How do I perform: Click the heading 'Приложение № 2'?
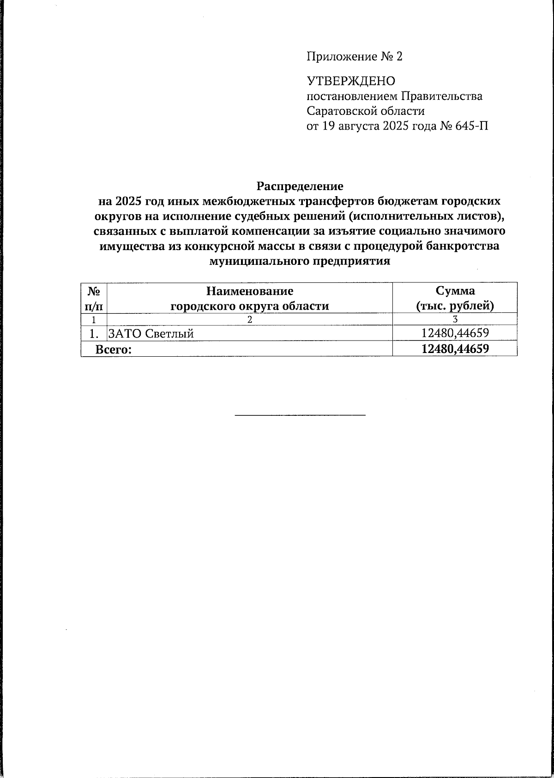(355, 57)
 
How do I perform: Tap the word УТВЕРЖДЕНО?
(351, 82)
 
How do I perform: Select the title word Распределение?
(300, 186)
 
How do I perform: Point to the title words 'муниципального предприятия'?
(300, 261)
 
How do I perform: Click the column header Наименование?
(250, 291)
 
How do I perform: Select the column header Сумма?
(455, 291)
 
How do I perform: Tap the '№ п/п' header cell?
(94, 298)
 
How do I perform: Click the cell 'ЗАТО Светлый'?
(150, 334)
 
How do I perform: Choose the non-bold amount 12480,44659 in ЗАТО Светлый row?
(455, 333)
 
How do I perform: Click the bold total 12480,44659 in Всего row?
(455, 349)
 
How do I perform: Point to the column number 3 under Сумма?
(455, 319)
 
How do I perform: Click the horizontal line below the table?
(300, 415)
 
